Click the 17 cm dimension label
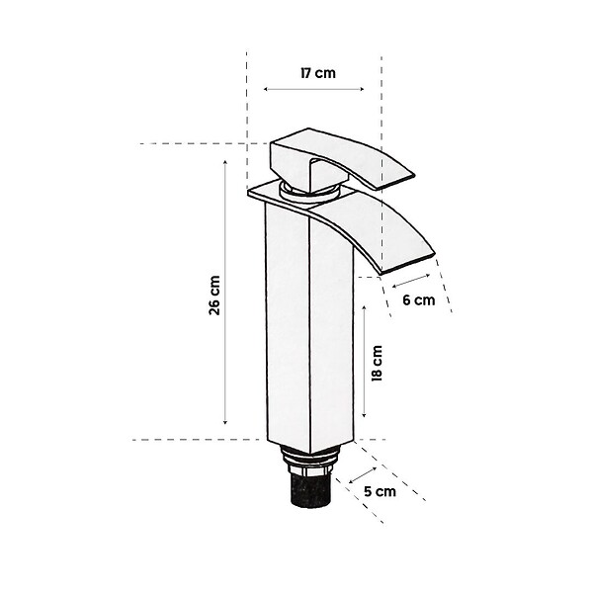(318, 72)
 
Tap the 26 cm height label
(214, 296)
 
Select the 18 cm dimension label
(378, 363)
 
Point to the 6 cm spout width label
(419, 299)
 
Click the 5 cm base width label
(381, 491)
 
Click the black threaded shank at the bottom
(311, 489)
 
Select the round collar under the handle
(309, 190)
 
